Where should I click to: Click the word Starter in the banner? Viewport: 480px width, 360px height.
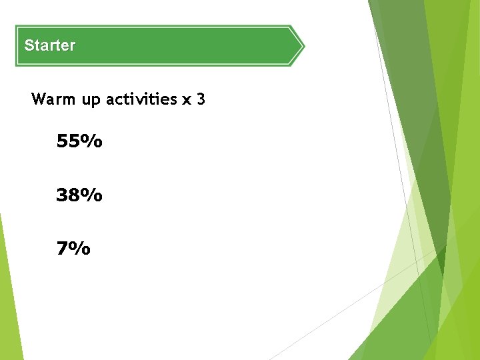click(49, 46)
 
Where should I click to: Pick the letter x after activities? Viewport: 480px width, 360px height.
click(186, 101)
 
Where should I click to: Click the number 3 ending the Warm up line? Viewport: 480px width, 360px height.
click(201, 100)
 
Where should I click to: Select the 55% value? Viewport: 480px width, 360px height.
click(79, 141)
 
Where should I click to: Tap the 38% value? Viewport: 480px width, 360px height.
click(79, 195)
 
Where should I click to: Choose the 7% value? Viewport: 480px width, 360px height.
click(73, 249)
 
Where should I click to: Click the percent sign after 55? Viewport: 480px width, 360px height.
click(94, 141)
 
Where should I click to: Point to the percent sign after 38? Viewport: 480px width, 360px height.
click(94, 195)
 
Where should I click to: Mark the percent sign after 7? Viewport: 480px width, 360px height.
click(81, 249)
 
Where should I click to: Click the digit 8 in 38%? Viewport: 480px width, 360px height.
click(77, 195)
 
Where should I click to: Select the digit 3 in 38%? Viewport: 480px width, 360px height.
click(63, 195)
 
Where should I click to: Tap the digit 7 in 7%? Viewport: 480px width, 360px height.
click(63, 249)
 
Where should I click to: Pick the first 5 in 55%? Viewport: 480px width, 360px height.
click(63, 141)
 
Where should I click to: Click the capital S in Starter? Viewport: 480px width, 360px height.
click(29, 46)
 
